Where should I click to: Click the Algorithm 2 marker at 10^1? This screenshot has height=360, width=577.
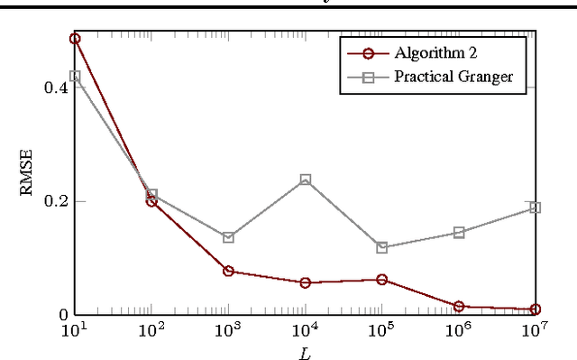point(75,39)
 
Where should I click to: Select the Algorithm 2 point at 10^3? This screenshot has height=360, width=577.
point(228,271)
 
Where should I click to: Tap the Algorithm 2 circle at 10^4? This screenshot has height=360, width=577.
point(305,282)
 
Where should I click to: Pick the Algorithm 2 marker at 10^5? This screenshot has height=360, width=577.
point(381,280)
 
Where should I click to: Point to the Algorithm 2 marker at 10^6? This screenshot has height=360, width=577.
point(459,307)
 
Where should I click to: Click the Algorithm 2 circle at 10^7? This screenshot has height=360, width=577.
point(536,309)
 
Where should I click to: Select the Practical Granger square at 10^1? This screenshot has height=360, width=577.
point(75,77)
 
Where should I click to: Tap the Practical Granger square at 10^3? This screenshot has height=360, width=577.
point(228,237)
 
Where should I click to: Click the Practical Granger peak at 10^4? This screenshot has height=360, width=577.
point(305,180)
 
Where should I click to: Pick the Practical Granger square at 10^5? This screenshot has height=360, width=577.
point(381,247)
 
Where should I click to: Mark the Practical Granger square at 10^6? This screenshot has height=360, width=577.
point(459,232)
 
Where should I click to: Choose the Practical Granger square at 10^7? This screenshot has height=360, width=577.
point(536,208)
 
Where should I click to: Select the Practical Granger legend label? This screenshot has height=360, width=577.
point(453,76)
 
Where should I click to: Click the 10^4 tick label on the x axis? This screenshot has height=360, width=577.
point(305,331)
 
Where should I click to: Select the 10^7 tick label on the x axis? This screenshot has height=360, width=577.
point(536,331)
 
